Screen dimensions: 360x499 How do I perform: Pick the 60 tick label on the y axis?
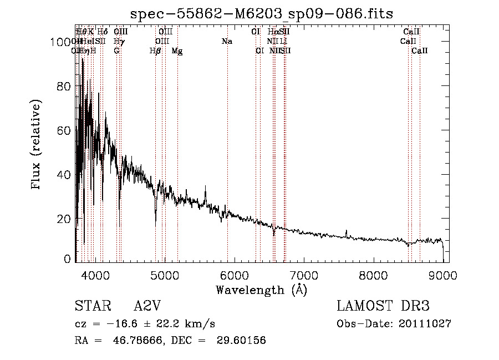tap(65, 130)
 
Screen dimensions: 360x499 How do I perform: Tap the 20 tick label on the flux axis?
tap(65, 219)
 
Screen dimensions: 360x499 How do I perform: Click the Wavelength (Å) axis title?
tap(261, 290)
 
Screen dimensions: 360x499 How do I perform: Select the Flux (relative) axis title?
tap(37, 145)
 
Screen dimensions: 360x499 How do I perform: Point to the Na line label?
tap(227, 42)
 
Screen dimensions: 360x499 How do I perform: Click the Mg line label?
tap(177, 51)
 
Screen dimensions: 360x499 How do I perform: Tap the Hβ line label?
tap(155, 51)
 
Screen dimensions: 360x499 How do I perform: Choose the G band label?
tap(116, 51)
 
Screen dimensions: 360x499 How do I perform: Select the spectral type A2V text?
tap(146, 306)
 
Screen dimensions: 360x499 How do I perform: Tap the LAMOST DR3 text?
tap(383, 306)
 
